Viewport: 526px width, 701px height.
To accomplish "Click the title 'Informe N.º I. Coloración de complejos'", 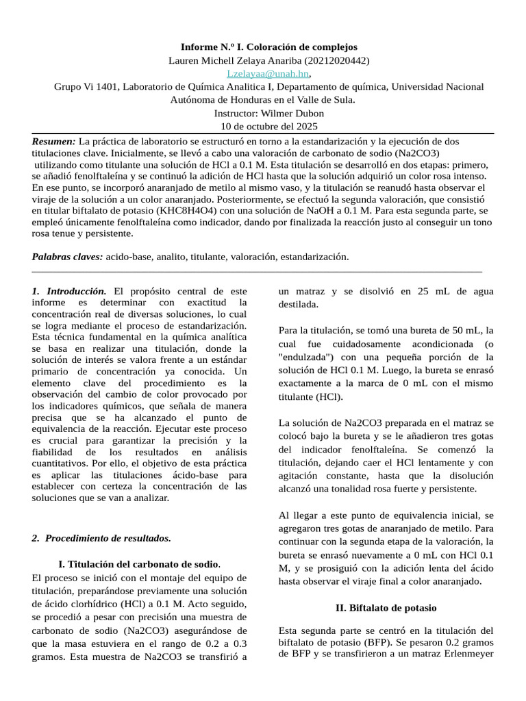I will (x=268, y=47).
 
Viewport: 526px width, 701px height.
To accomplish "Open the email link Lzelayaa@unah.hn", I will (x=268, y=73).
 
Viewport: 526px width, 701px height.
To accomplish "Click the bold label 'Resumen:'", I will (x=54, y=140).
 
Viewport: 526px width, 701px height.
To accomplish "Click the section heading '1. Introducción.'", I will (x=69, y=291).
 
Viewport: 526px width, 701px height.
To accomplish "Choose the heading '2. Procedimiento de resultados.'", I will (x=101, y=537).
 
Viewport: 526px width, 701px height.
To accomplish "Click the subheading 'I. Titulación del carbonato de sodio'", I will (x=140, y=564).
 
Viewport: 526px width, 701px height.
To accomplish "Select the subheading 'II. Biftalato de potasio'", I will (x=386, y=607).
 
